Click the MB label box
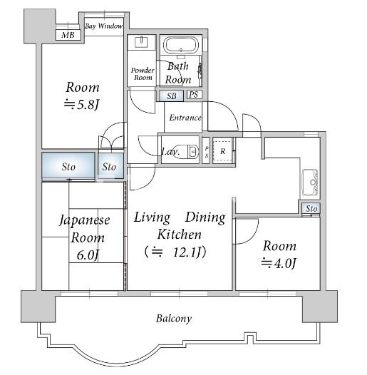point(68,35)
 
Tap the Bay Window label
point(104,26)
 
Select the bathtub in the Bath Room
point(181,45)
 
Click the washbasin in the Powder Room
point(142,42)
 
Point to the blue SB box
point(172,96)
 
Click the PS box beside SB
point(194,95)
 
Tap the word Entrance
point(185,118)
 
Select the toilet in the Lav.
point(186,151)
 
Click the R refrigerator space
point(222,151)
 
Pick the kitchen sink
point(310,183)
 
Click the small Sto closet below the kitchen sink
point(311,209)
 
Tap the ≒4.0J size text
point(279,262)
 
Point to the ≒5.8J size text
point(81,105)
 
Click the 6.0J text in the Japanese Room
point(88,255)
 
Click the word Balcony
point(174,319)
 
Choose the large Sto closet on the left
point(68,165)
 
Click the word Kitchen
point(180,235)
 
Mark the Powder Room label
point(143,73)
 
